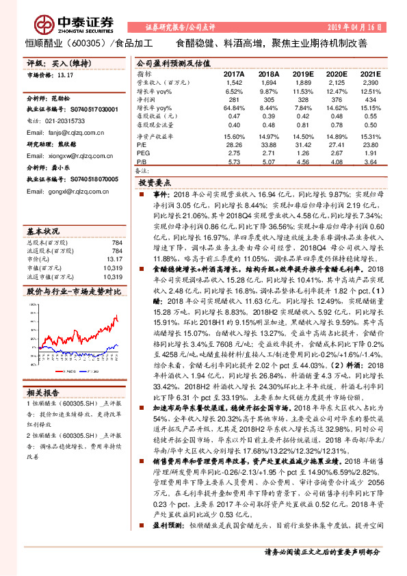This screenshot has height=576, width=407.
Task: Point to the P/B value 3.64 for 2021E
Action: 369,163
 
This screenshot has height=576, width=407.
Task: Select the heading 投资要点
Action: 155,184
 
